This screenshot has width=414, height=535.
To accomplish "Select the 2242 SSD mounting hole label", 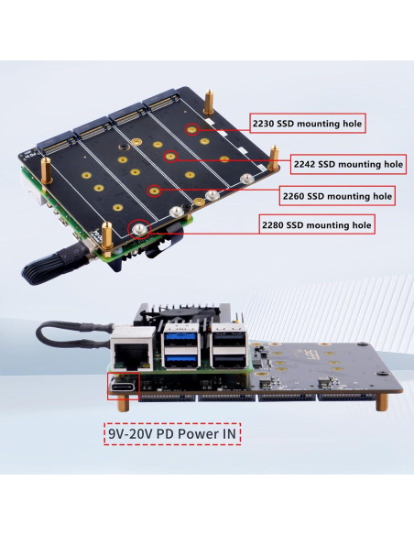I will point(347,165).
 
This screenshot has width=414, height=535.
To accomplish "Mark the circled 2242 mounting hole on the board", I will point(170,158).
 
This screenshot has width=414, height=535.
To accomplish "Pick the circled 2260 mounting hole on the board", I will point(155,192).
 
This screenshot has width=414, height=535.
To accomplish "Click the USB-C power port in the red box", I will point(125,388).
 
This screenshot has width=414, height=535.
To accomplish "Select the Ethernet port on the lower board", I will point(127,350).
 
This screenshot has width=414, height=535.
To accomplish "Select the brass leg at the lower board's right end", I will point(379,404).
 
